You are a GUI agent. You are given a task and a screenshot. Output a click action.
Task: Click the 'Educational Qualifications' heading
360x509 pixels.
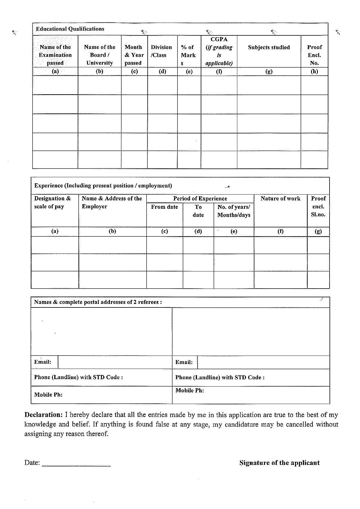click(x=70, y=29)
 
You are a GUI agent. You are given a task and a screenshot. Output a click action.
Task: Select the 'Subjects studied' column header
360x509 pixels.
click(x=269, y=47)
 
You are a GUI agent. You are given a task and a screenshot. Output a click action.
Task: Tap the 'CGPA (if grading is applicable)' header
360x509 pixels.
click(x=219, y=51)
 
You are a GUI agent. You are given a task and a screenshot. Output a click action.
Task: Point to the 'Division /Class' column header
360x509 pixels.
click(x=161, y=51)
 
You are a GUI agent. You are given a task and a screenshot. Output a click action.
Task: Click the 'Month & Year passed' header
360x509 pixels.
click(x=134, y=55)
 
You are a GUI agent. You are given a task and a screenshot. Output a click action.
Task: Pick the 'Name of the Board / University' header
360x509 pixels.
click(x=100, y=55)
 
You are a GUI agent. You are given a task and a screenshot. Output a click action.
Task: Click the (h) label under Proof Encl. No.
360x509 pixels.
click(x=314, y=71)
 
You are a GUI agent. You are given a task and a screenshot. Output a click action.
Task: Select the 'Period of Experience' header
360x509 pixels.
click(x=200, y=199)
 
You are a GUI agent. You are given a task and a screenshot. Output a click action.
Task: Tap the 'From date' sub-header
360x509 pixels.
click(x=164, y=207)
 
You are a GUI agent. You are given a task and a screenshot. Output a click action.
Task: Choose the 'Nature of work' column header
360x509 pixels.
click(x=280, y=199)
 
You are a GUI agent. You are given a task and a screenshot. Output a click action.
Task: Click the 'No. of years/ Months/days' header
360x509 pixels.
click(x=234, y=211)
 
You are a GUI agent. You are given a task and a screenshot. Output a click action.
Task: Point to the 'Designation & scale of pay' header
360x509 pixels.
click(x=53, y=202)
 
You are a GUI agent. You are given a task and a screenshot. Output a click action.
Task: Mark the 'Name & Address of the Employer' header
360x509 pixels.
click(x=112, y=202)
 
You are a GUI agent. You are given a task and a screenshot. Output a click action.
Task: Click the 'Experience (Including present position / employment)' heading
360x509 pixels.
click(x=103, y=186)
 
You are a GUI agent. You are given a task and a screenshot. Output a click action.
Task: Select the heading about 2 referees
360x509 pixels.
click(x=98, y=302)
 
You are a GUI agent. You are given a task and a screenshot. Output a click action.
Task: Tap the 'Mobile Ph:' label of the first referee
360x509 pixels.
click(x=48, y=395)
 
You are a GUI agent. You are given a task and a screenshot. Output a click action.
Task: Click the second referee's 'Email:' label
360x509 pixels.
click(x=184, y=362)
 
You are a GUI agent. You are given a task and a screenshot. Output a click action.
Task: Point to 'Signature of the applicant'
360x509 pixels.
click(x=279, y=463)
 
